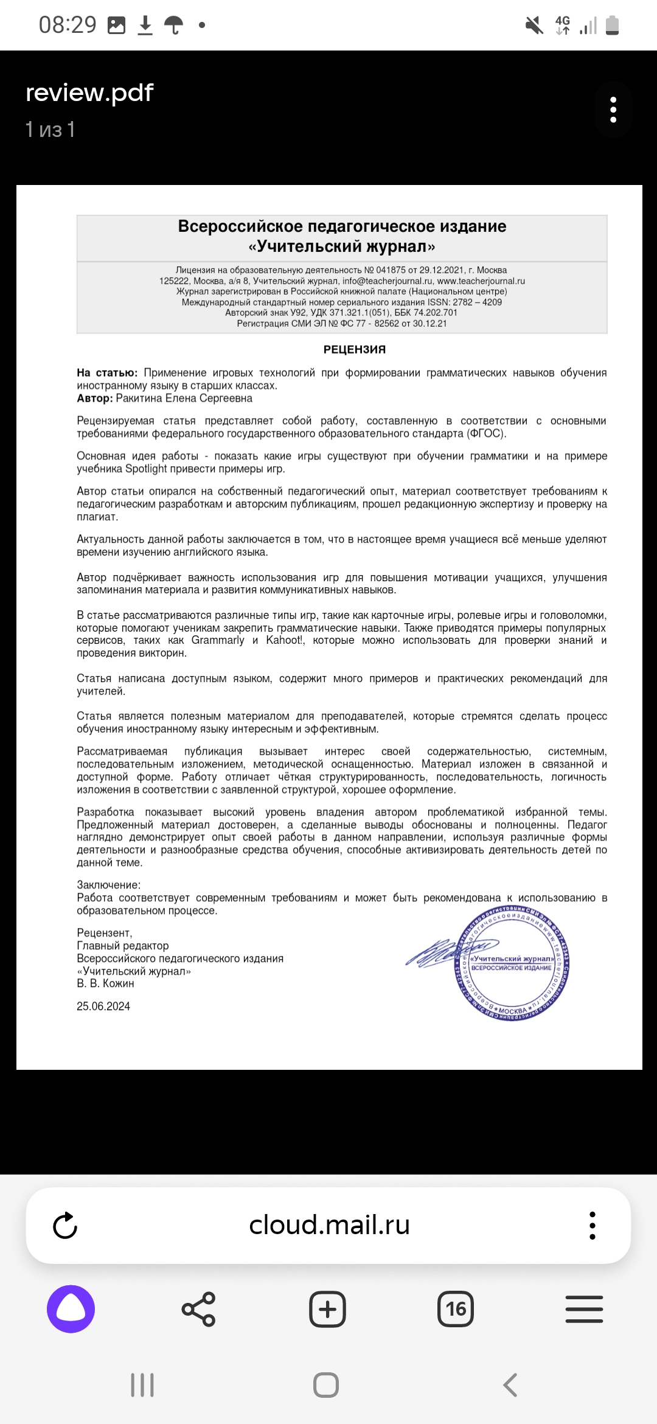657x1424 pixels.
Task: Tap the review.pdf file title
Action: click(89, 93)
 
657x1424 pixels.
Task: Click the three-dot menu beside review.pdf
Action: click(613, 110)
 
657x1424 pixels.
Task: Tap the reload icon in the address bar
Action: click(65, 1225)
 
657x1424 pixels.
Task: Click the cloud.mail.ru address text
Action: click(329, 1225)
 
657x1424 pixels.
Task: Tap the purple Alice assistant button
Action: click(71, 1308)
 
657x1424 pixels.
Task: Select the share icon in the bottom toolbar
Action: click(198, 1309)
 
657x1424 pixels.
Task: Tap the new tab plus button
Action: click(327, 1309)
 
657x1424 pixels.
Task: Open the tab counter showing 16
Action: click(456, 1309)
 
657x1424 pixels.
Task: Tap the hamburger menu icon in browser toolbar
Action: click(584, 1309)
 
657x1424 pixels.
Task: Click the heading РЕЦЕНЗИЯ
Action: click(355, 349)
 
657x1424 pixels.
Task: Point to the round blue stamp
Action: click(512, 963)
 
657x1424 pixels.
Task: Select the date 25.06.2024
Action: click(103, 1007)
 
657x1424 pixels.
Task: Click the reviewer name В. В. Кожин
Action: click(105, 983)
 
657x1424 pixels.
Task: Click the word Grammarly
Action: click(218, 640)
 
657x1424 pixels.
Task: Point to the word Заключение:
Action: click(108, 885)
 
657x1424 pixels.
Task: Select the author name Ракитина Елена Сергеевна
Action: click(184, 398)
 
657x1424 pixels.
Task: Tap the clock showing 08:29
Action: click(68, 25)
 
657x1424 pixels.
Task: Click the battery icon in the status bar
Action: click(613, 26)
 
